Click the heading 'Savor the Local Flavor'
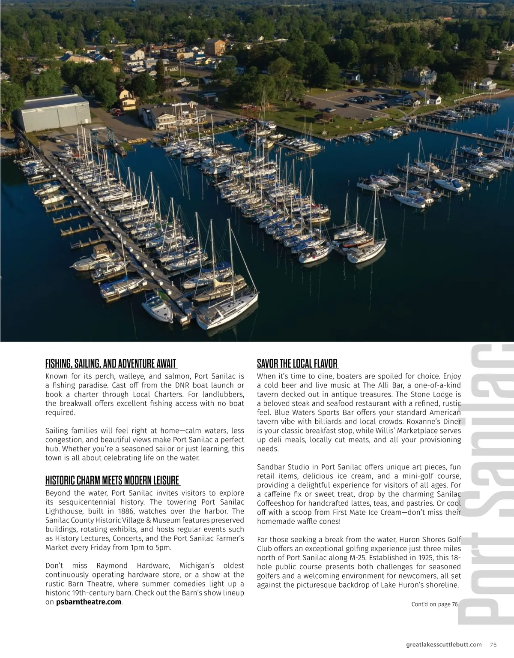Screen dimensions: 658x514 pos(297,364)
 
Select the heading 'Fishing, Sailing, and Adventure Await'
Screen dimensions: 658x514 pos(111,364)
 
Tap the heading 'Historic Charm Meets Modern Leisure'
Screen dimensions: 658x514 pos(112,480)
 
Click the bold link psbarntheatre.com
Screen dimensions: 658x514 pos(89,602)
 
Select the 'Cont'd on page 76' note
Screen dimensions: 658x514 pos(434,604)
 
